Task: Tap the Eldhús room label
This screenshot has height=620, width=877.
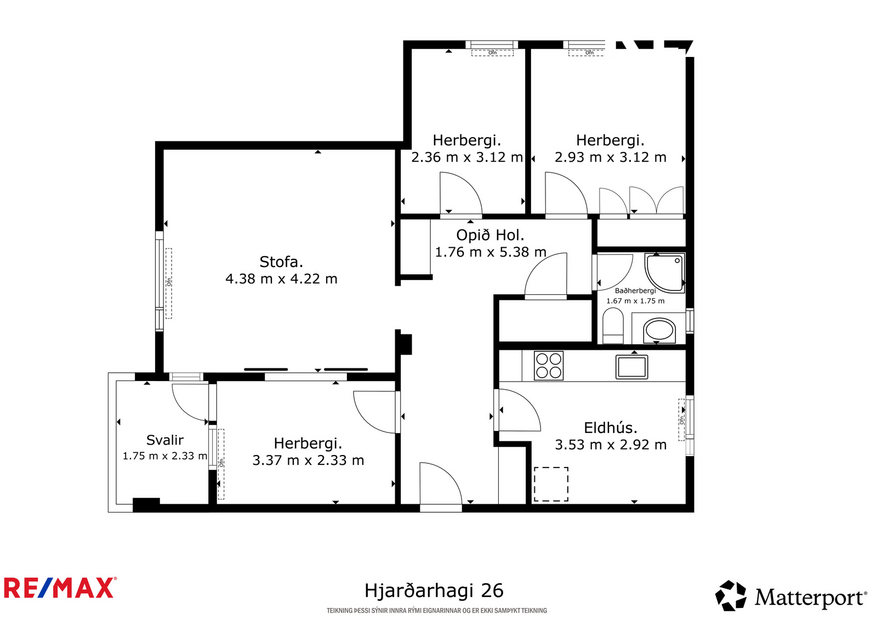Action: click(610, 428)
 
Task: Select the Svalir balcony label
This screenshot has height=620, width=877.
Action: click(164, 440)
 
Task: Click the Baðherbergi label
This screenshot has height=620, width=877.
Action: click(636, 290)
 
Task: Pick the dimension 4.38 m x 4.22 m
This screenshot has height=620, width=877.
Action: click(281, 279)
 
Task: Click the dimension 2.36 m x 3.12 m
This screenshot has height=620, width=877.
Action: click(466, 157)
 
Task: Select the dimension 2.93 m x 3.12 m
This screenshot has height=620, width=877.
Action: click(610, 157)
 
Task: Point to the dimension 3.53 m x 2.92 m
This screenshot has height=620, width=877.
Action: click(610, 445)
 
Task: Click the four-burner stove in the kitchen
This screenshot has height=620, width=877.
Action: click(548, 365)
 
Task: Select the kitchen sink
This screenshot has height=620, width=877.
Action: click(632, 365)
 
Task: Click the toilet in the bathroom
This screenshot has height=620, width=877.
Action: click(613, 326)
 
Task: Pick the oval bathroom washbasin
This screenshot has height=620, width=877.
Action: click(658, 330)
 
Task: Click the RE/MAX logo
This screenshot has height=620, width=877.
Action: click(60, 587)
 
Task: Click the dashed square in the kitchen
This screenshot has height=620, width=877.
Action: click(550, 483)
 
